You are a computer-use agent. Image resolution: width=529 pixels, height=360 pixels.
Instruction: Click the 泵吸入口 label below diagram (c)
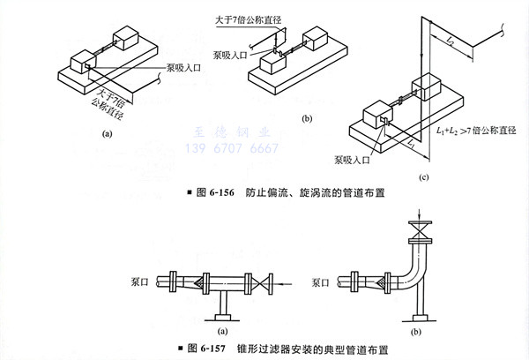354,164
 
